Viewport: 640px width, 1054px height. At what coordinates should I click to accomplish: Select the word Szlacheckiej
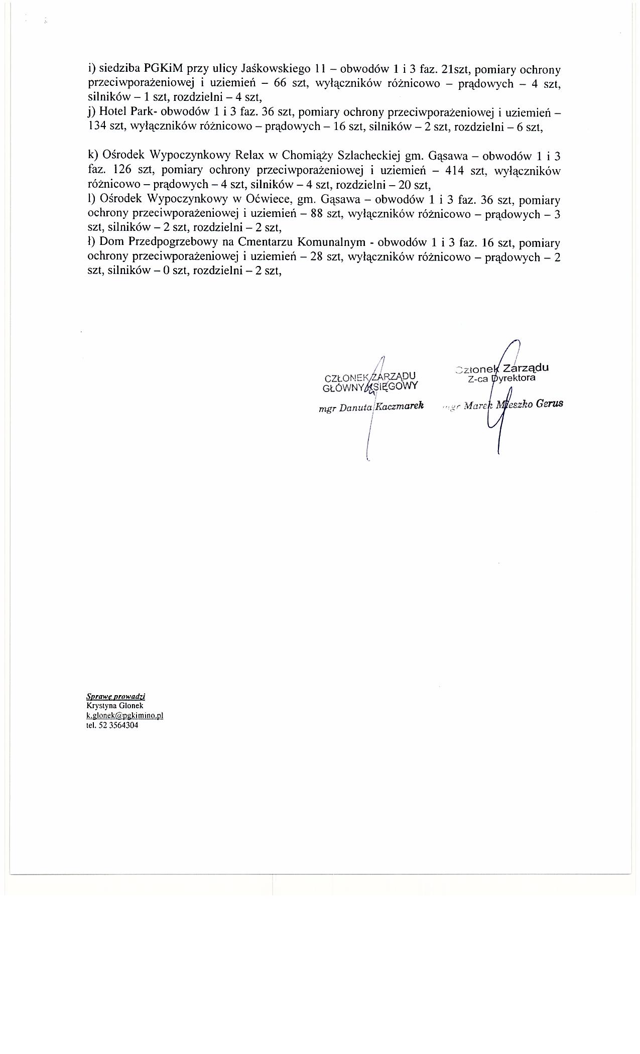(373, 156)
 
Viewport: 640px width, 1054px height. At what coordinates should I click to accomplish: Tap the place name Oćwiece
(266, 200)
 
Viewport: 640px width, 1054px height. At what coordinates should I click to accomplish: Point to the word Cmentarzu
(266, 243)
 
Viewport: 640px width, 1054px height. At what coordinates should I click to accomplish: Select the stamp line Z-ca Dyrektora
(501, 378)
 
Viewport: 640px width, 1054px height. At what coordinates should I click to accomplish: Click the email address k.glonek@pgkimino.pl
(125, 716)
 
